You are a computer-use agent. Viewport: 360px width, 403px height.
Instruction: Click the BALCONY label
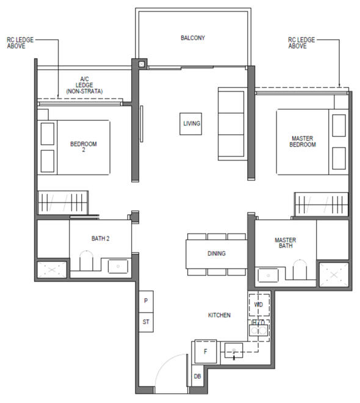coord(193,38)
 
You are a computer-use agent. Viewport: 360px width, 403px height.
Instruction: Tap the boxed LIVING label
coord(191,124)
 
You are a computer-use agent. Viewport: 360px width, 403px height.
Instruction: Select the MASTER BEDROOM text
coord(302,142)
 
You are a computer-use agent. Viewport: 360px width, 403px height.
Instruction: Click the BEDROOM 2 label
coord(84,147)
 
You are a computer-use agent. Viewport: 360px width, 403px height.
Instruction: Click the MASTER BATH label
coord(285,243)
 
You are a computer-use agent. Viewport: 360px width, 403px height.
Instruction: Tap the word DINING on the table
coord(216,253)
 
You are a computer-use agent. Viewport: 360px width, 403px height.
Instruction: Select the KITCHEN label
coord(219,315)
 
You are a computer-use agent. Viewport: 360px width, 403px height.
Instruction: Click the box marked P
coord(146,301)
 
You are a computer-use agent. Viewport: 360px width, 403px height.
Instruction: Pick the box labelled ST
coord(146,321)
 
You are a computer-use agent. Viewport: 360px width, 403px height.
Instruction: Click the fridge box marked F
coord(205,352)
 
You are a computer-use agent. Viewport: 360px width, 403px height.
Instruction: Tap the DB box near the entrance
coord(198,377)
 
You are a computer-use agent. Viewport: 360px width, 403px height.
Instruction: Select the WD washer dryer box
coord(259,304)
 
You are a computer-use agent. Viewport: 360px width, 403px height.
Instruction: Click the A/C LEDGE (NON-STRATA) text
coord(85,85)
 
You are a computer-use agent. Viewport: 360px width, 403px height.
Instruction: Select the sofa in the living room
coord(231,123)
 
